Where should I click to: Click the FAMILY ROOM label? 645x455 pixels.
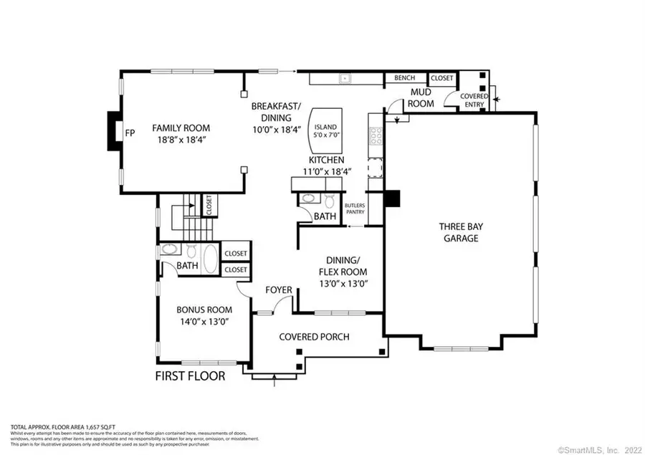181,128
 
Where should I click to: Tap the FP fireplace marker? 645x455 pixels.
130,133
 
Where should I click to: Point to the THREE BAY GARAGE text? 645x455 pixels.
459,233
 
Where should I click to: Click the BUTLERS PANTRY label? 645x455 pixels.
355,209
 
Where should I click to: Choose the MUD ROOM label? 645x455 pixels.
421,98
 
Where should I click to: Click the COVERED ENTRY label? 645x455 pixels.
474,100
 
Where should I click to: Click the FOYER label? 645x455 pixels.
279,290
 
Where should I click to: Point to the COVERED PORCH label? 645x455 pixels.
314,336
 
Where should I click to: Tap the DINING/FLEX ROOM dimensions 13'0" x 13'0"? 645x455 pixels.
343,284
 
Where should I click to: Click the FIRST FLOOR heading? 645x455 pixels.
190,376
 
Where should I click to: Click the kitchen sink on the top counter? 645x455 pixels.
345,77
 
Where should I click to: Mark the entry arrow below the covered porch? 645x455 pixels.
274,381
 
